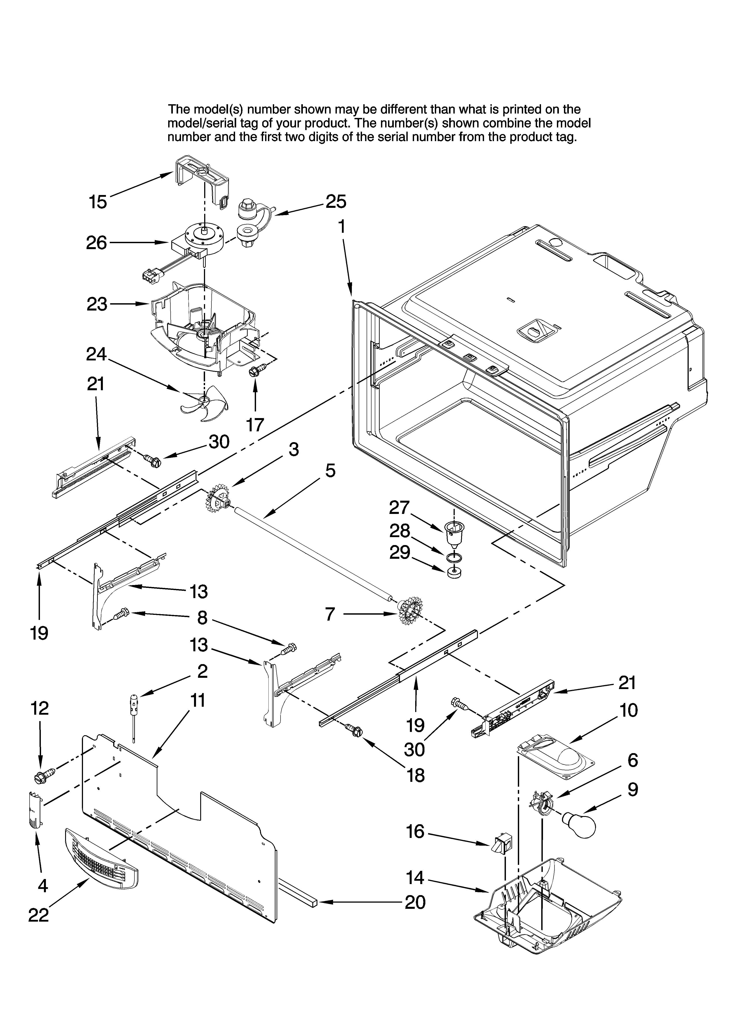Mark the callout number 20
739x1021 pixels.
tap(415, 902)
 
